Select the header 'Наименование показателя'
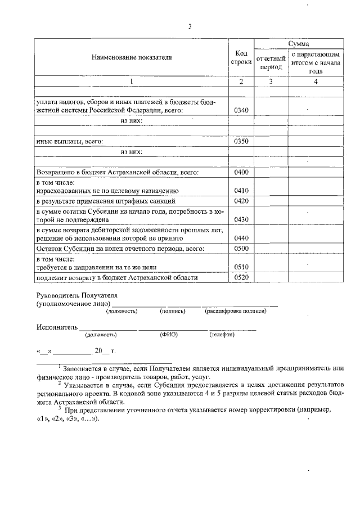coord(132,57)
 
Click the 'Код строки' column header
coord(241,57)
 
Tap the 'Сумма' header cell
coord(298,43)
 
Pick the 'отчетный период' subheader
coord(271,62)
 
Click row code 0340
coord(241,110)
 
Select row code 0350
coord(241,141)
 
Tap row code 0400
coord(241,172)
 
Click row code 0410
coord(241,191)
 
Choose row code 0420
coord(241,201)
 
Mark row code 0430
coord(241,219)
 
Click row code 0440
coord(241,238)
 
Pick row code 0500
coord(241,249)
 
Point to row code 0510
coord(241,267)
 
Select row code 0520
coord(241,277)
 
